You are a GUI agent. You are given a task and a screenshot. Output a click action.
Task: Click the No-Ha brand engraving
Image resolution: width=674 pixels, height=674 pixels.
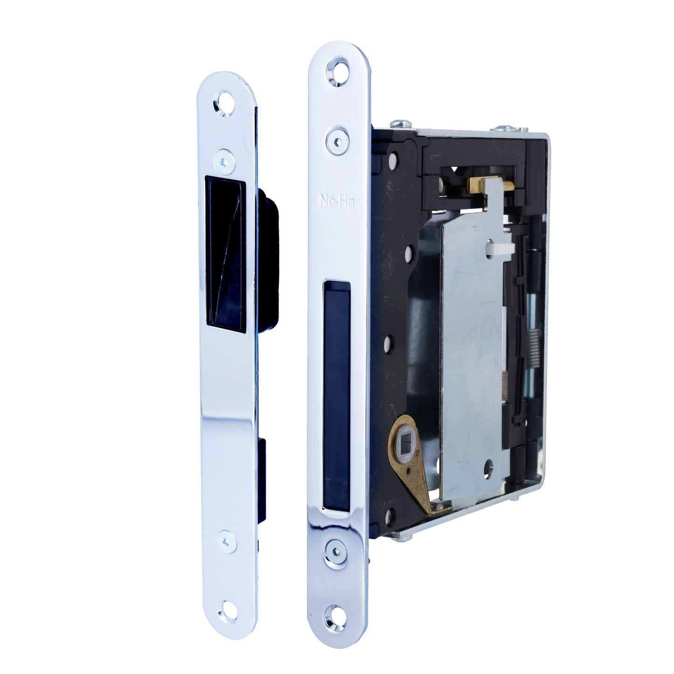coord(337,201)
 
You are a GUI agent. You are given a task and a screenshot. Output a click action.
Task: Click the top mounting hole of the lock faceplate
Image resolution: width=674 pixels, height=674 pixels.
coord(338,73)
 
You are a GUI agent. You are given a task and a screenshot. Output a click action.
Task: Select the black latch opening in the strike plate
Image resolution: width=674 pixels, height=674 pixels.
coord(225,252)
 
